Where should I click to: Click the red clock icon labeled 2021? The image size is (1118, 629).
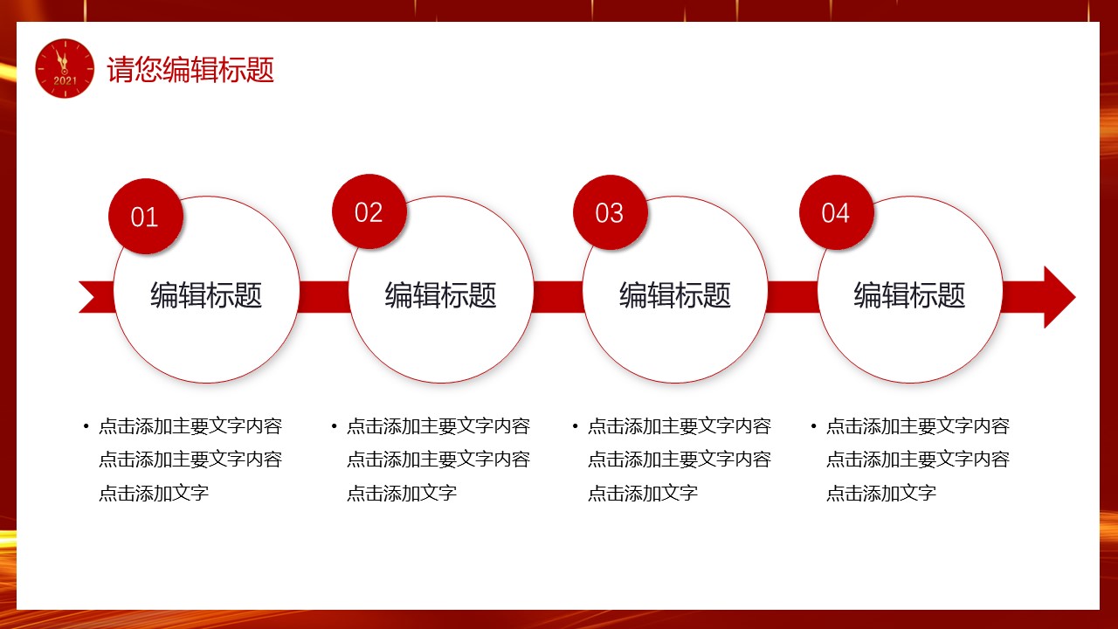tap(65, 68)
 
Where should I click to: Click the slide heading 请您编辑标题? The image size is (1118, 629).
tap(190, 69)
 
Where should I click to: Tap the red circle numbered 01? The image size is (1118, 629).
tap(146, 216)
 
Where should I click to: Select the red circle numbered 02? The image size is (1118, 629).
tap(369, 211)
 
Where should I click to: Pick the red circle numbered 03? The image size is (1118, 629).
tap(611, 212)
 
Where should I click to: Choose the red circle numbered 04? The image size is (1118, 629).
tap(837, 212)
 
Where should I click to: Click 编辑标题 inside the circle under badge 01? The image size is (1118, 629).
tap(206, 294)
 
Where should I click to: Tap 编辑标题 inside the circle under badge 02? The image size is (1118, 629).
tap(441, 294)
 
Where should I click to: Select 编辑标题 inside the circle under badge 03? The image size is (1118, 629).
tap(675, 294)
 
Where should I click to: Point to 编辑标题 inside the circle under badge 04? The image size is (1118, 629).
tap(909, 294)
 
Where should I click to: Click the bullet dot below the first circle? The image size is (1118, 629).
tap(86, 426)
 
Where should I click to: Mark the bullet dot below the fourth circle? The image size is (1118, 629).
tap(813, 426)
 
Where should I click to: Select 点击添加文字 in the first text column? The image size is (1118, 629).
tap(154, 494)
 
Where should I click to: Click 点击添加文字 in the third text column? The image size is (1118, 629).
tap(643, 494)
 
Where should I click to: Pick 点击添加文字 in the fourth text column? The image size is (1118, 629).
tap(881, 494)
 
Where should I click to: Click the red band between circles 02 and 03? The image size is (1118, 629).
tap(558, 297)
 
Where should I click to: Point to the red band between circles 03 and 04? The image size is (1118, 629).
tap(792, 297)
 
